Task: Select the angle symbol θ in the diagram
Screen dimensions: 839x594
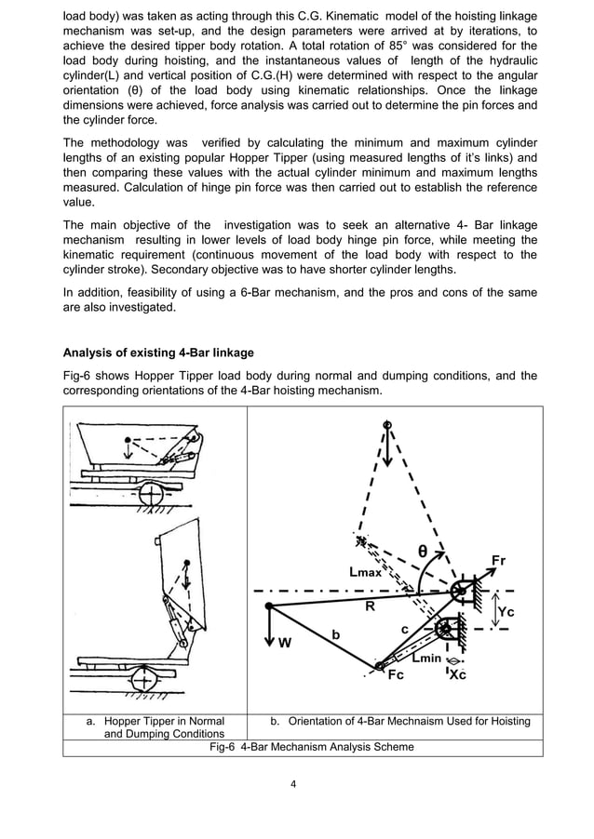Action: pyautogui.click(x=423, y=551)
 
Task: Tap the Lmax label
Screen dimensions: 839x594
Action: pyautogui.click(x=365, y=573)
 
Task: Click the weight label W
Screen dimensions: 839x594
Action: pyautogui.click(x=285, y=641)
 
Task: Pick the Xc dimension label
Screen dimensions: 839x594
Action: pyautogui.click(x=457, y=675)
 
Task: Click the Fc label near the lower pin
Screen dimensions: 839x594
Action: pyautogui.click(x=396, y=676)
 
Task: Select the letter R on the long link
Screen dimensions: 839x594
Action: pyautogui.click(x=370, y=604)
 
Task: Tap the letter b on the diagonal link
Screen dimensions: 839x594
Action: pyautogui.click(x=335, y=634)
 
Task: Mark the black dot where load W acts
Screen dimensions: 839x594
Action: pyautogui.click(x=268, y=606)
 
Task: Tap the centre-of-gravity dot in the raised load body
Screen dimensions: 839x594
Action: pyautogui.click(x=188, y=564)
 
